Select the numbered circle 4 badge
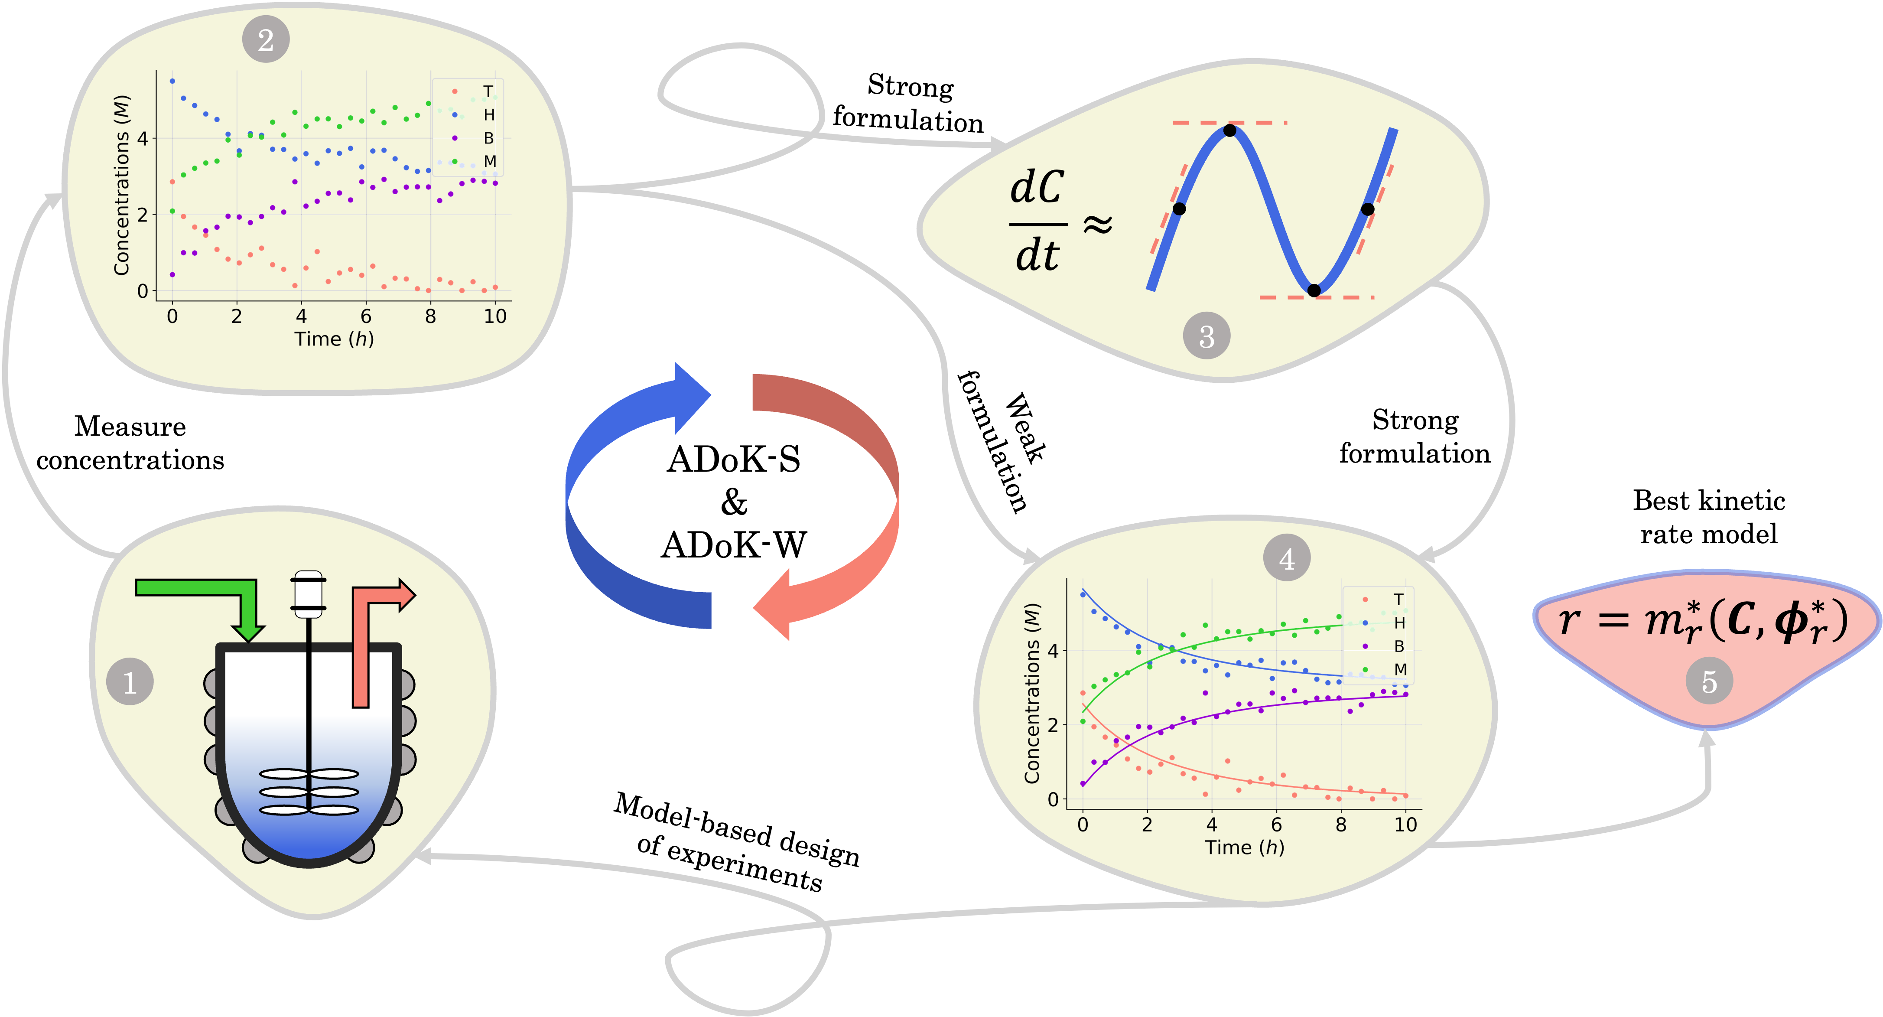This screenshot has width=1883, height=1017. click(1287, 559)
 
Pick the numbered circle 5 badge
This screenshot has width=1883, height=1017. click(1709, 681)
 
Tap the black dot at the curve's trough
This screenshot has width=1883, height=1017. click(1314, 290)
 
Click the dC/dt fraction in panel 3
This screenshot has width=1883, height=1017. click(1037, 222)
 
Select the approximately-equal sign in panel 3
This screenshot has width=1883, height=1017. click(1097, 224)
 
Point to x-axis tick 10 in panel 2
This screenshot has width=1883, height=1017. click(495, 316)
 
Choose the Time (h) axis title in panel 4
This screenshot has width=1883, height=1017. click(1244, 847)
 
